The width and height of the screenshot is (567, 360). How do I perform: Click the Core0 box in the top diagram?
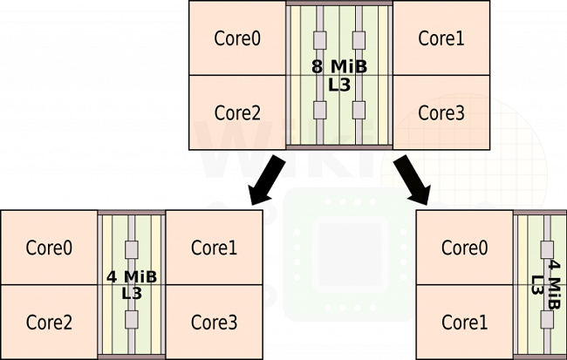[237, 38]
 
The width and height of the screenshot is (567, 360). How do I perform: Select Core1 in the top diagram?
[441, 38]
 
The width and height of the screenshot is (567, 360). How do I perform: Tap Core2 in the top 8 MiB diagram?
[237, 112]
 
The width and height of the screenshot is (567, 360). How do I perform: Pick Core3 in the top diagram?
[441, 112]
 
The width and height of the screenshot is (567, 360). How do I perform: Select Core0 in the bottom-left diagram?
[49, 248]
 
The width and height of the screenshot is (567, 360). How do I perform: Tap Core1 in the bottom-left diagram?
[214, 248]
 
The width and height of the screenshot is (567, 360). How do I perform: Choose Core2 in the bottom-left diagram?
[49, 322]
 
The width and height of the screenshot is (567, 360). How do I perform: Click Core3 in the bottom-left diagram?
[214, 322]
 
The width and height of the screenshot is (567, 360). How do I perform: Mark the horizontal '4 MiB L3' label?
[132, 284]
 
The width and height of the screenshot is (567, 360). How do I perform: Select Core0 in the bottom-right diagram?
[464, 248]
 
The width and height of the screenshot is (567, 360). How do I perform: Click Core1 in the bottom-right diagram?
[464, 322]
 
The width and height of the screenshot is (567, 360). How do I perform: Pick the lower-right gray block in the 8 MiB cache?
[359, 109]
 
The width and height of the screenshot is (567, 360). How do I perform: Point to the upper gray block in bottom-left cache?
[133, 250]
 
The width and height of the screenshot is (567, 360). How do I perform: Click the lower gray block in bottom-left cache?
[133, 319]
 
